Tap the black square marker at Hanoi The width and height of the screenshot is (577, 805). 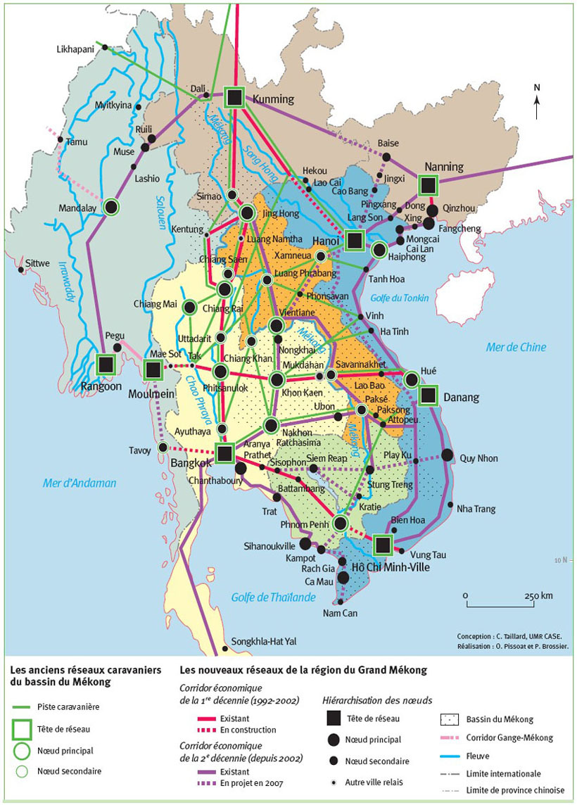[355, 241]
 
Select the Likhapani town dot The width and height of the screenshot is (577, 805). [104, 48]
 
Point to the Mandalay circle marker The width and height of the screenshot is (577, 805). [110, 207]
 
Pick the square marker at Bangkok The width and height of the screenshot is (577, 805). [224, 453]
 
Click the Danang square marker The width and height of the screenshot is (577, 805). [428, 395]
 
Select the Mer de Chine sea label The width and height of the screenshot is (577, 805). [516, 347]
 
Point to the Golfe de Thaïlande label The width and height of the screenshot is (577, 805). [274, 597]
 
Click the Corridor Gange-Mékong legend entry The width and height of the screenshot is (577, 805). [509, 737]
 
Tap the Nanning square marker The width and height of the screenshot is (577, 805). [427, 186]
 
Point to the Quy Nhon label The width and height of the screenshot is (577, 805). [478, 459]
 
